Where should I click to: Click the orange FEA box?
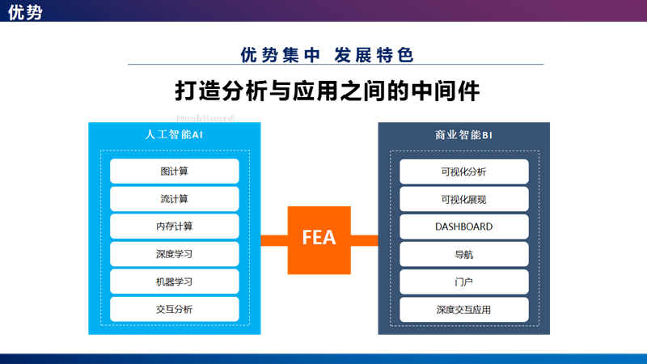[319, 239]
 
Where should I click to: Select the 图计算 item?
[175, 171]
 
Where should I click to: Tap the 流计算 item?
[175, 199]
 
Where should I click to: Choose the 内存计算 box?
[175, 226]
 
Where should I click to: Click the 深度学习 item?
[175, 254]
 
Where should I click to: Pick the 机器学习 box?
[175, 281]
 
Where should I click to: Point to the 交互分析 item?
[175, 309]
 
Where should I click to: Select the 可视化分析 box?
[463, 171]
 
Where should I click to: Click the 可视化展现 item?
[463, 199]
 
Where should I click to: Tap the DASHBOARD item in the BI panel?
[463, 226]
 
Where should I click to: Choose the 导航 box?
[463, 254]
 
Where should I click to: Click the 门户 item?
[463, 281]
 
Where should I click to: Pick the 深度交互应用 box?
[463, 309]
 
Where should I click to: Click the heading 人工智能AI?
[174, 135]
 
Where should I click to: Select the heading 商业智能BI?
[463, 135]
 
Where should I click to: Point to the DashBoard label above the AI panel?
[205, 118]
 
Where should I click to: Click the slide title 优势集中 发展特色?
[328, 55]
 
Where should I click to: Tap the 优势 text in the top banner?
[25, 11]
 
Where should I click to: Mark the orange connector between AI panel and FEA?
[274, 240]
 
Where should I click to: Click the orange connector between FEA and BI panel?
[364, 240]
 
